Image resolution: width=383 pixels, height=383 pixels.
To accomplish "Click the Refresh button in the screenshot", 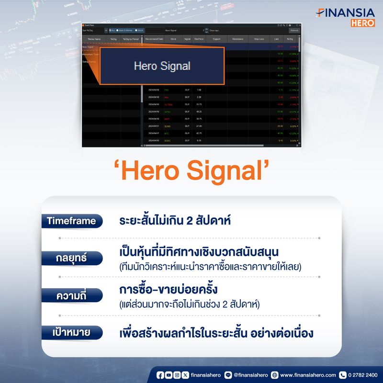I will click(x=294, y=30).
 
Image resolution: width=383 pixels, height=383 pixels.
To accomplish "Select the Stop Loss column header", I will click(x=259, y=39).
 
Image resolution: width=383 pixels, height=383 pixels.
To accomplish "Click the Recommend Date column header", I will click(x=154, y=39).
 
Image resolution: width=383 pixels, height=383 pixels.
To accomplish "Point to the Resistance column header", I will click(x=237, y=39).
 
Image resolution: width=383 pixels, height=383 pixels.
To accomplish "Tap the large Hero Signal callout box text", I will click(x=162, y=66).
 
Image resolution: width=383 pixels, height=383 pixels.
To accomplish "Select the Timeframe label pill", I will click(x=71, y=221).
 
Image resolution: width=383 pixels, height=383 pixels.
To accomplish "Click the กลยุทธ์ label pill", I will click(x=72, y=259).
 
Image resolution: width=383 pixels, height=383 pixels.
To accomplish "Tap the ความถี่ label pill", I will click(x=72, y=295).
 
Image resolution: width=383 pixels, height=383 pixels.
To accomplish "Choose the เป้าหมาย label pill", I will click(x=72, y=332).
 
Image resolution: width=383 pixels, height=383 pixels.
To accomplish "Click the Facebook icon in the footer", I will click(x=160, y=375).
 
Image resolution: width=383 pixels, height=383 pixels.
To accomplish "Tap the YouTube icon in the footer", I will click(x=169, y=375).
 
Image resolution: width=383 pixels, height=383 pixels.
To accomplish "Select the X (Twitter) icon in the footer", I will click(x=185, y=375).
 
